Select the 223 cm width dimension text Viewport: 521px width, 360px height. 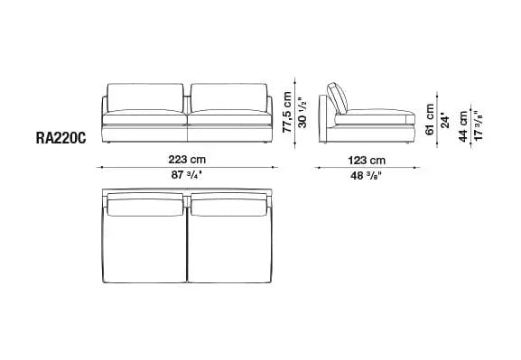click(x=186, y=161)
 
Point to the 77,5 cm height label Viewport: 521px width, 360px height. click(x=287, y=107)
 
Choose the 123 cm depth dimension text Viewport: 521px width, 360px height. click(x=367, y=161)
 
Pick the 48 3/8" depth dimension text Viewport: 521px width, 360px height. click(x=367, y=175)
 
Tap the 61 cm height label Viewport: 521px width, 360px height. click(x=430, y=117)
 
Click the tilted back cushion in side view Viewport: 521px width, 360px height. click(x=338, y=97)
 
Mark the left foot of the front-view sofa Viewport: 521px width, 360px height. click(x=108, y=143)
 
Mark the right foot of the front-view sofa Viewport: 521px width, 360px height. click(x=265, y=143)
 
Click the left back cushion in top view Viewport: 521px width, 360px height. click(x=146, y=207)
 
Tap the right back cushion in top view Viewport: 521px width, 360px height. click(x=228, y=207)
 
